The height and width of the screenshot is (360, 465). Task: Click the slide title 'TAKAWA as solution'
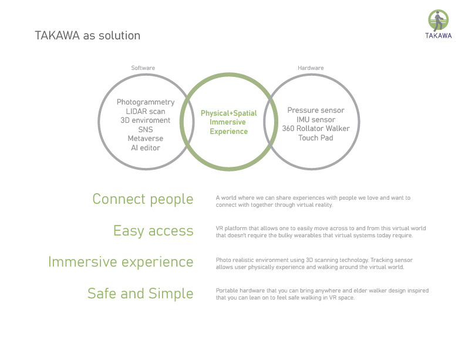(x=87, y=36)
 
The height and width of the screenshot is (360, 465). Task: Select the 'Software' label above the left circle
(x=143, y=68)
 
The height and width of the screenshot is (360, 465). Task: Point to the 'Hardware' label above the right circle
(x=311, y=68)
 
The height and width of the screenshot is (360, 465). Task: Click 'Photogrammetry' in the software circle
(x=146, y=102)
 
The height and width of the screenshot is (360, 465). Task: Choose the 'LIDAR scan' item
(x=146, y=111)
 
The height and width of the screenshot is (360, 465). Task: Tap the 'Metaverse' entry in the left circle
(x=146, y=139)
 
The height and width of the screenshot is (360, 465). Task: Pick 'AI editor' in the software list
(x=146, y=148)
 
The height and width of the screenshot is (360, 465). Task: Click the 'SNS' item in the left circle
(x=146, y=129)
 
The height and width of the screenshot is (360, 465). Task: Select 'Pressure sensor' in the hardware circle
(x=316, y=110)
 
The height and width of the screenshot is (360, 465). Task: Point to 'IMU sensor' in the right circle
(x=316, y=119)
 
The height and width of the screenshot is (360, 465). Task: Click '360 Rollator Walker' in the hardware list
(x=316, y=129)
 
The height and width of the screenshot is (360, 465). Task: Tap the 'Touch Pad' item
(x=316, y=138)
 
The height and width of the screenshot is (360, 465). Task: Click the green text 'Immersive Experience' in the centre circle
(x=229, y=127)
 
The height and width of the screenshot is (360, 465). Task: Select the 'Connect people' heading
(x=143, y=200)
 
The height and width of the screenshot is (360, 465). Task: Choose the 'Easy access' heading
(x=153, y=231)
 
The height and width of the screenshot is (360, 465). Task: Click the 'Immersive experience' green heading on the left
(x=121, y=262)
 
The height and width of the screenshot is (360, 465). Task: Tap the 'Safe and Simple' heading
(x=140, y=293)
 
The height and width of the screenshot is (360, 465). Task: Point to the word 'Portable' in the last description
(x=226, y=291)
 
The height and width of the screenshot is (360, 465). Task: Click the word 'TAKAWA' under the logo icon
(x=439, y=35)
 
